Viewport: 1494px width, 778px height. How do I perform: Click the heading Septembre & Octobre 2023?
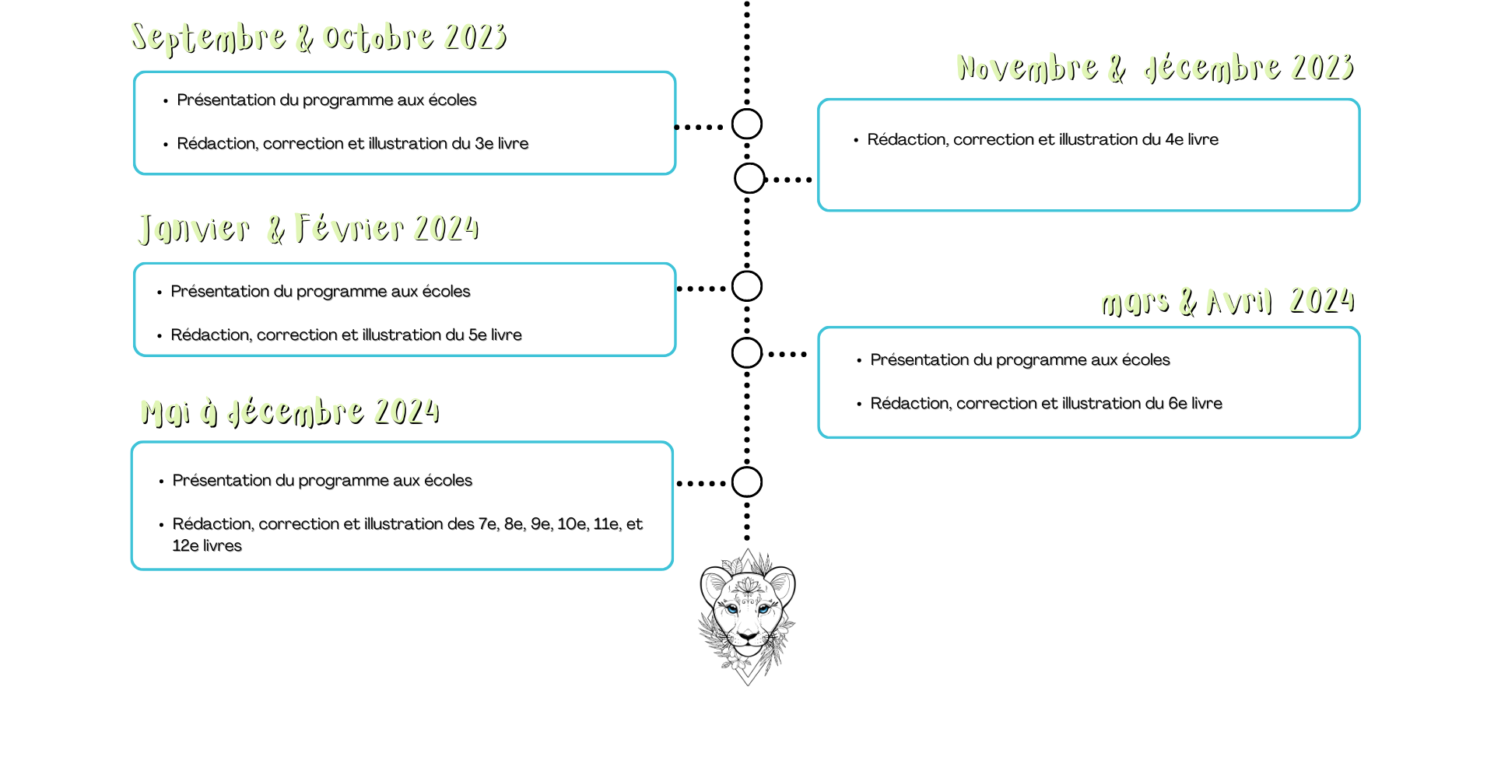319,37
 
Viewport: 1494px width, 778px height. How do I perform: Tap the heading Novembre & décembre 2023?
1155,68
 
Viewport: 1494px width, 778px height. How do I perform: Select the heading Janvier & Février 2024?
308,229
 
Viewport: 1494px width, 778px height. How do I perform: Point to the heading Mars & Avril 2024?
1227,302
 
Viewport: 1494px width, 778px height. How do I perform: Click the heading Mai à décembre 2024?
290,412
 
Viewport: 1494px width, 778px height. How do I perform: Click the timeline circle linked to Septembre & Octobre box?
747,124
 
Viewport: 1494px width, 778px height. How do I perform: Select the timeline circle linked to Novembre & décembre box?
749,178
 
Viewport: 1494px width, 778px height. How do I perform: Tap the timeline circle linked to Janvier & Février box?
747,286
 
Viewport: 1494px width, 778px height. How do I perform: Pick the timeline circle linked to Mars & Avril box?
747,353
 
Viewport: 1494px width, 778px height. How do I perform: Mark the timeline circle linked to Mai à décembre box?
747,482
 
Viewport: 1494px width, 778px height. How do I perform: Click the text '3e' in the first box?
483,144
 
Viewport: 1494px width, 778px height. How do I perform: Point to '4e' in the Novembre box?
1173,140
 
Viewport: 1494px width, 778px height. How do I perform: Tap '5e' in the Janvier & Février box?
477,335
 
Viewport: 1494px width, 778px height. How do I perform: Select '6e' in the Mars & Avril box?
1177,404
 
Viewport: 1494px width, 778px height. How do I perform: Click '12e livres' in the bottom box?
207,546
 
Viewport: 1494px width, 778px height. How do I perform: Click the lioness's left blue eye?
732,609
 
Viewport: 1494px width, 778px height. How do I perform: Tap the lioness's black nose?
748,636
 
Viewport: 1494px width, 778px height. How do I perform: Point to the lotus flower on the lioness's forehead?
748,585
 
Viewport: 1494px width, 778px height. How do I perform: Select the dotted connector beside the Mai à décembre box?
701,483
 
